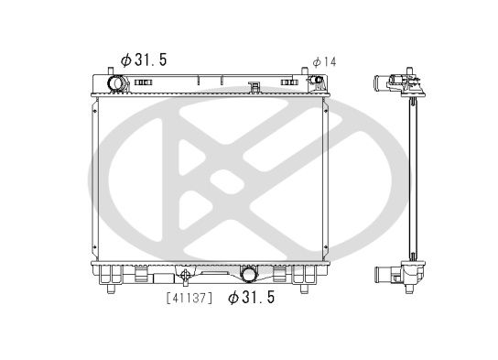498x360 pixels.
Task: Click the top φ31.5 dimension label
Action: [143, 60]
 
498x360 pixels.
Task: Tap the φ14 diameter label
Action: [324, 61]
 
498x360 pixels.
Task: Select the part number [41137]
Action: [189, 297]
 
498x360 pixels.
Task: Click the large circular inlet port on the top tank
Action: [117, 84]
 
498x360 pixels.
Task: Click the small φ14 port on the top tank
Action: [317, 83]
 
